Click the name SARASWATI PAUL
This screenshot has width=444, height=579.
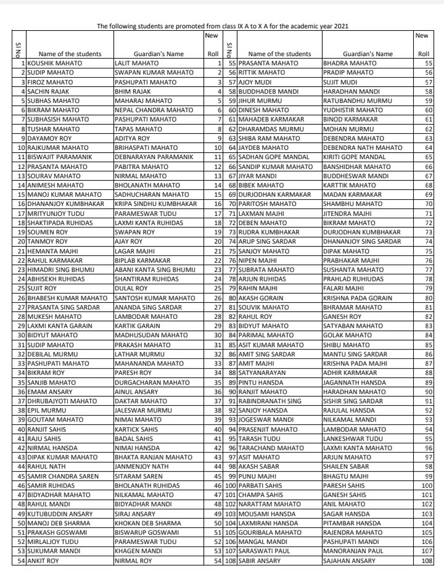click(x=269, y=550)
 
